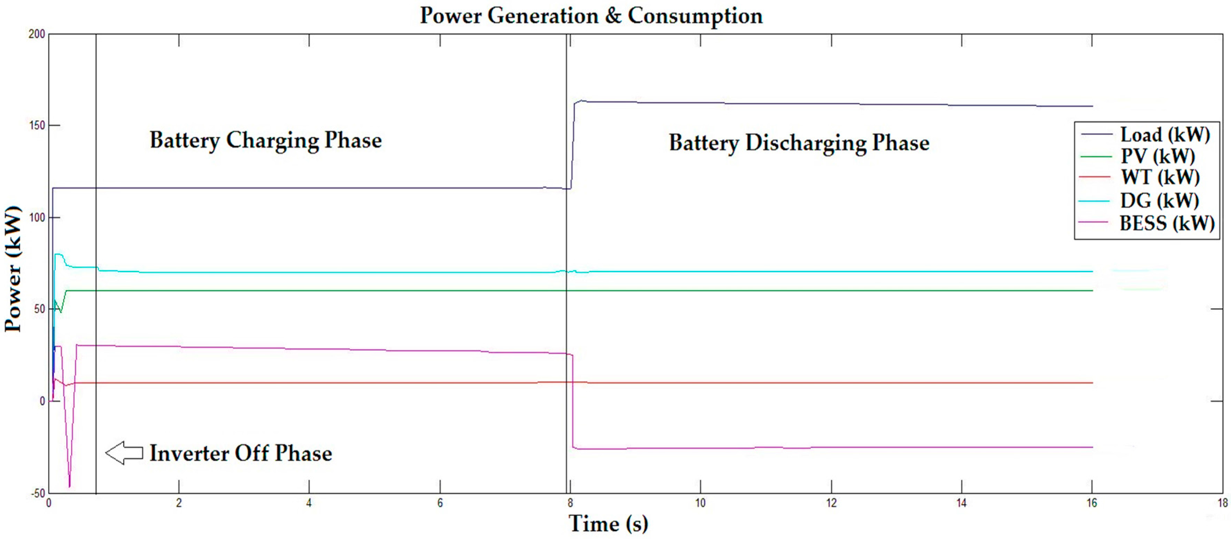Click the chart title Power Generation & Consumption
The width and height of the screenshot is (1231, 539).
pyautogui.click(x=591, y=16)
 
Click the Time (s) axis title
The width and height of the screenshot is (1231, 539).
pyautogui.click(x=608, y=524)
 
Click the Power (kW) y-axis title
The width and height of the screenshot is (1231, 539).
pyautogui.click(x=13, y=269)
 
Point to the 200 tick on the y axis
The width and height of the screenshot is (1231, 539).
pyautogui.click(x=37, y=34)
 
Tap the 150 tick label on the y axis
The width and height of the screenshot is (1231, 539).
pyautogui.click(x=37, y=125)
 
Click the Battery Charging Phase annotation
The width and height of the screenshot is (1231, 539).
pyautogui.click(x=266, y=140)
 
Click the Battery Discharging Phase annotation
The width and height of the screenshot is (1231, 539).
pyautogui.click(x=799, y=143)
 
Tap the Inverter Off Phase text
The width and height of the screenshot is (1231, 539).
pyautogui.click(x=240, y=453)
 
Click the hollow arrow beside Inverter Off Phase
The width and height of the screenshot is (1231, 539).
pyautogui.click(x=124, y=453)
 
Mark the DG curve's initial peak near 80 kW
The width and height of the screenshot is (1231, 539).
pyautogui.click(x=59, y=255)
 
